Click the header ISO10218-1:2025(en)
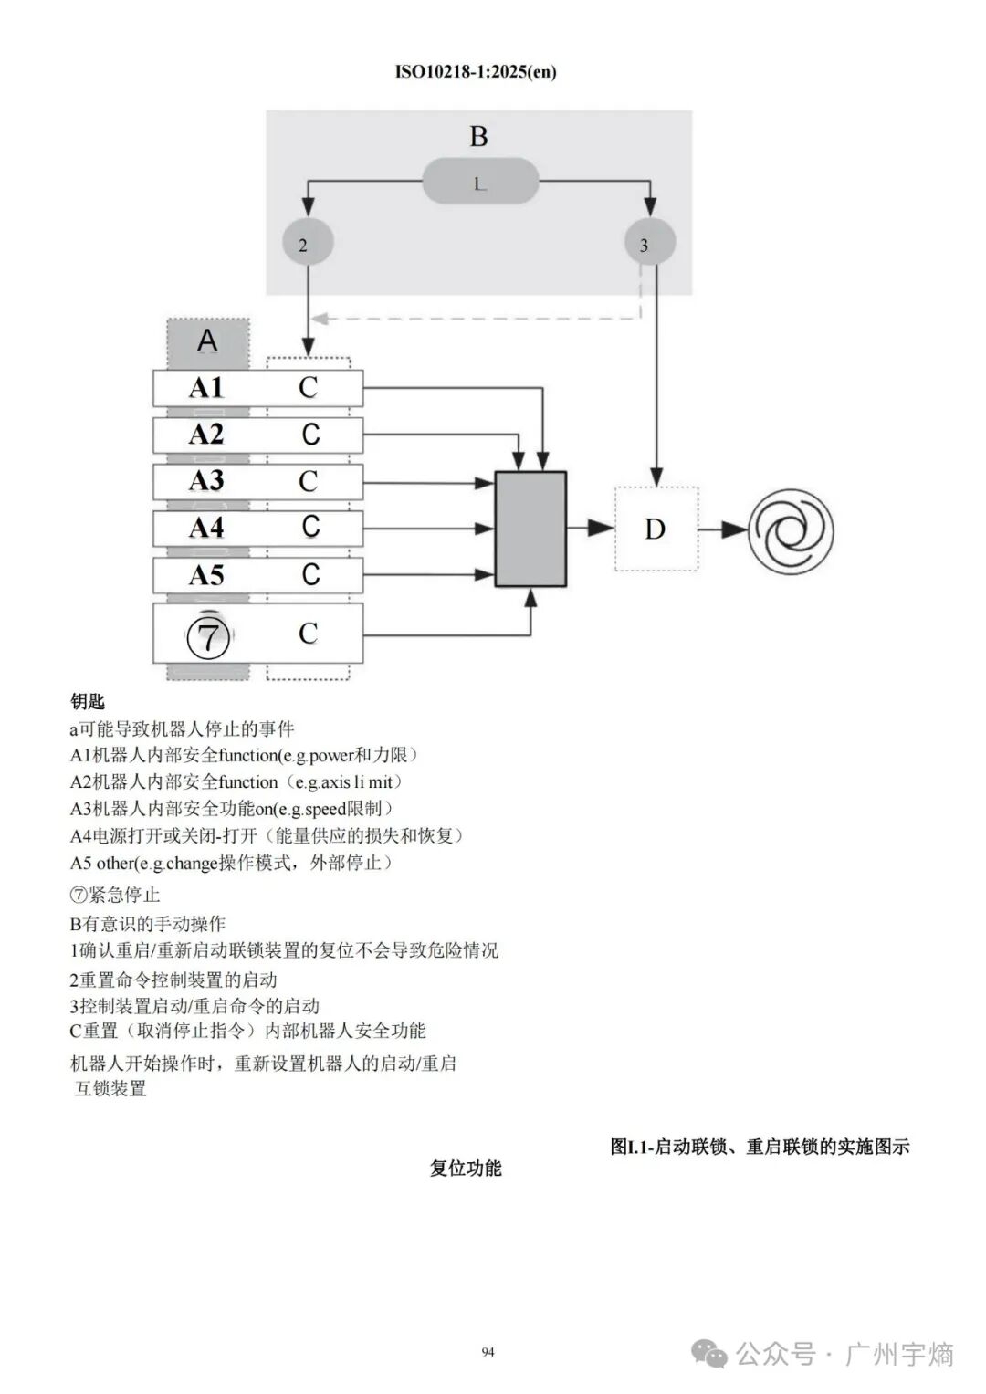(476, 72)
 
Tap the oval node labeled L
(480, 183)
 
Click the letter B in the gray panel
(478, 137)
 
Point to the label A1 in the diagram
(206, 388)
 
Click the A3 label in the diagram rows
(206, 481)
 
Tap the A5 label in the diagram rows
(206, 575)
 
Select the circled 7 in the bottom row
(209, 636)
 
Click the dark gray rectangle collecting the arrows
(530, 529)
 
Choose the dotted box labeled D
(656, 529)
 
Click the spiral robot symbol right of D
(791, 529)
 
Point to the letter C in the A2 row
(310, 435)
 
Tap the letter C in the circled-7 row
(309, 633)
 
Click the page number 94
(488, 1352)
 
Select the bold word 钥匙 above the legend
(88, 701)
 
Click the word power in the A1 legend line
(337, 756)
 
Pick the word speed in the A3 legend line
(326, 809)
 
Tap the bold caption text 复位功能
(466, 1169)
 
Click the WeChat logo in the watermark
(709, 1354)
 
